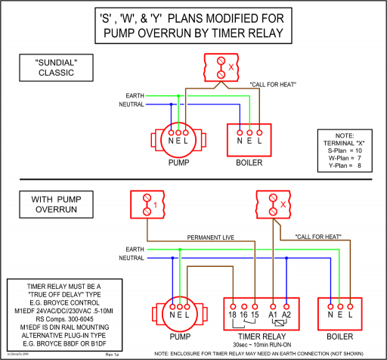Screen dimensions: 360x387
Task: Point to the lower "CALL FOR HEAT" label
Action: [321, 237]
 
